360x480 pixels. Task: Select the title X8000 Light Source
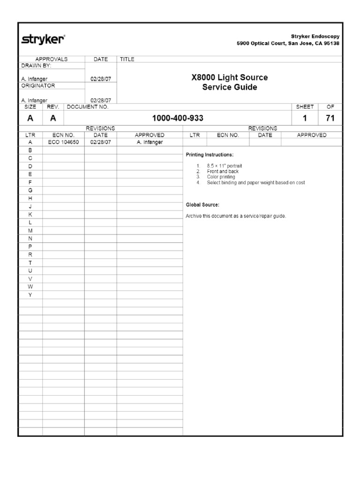coord(230,77)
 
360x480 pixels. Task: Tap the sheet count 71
coord(330,119)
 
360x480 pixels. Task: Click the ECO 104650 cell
coord(63,142)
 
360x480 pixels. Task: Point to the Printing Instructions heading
coord(210,155)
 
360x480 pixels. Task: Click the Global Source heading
coord(202,205)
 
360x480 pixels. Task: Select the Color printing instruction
coord(221,177)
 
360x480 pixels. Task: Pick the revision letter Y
coord(30,295)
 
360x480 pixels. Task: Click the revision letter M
coord(30,231)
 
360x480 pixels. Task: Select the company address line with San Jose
coord(288,44)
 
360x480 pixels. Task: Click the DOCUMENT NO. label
coord(88,107)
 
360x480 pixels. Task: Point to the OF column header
coord(330,107)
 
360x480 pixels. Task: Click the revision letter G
coord(30,190)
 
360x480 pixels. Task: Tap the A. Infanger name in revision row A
coord(150,142)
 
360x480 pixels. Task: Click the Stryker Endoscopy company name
coord(315,36)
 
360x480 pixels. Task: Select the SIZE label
coord(30,107)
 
